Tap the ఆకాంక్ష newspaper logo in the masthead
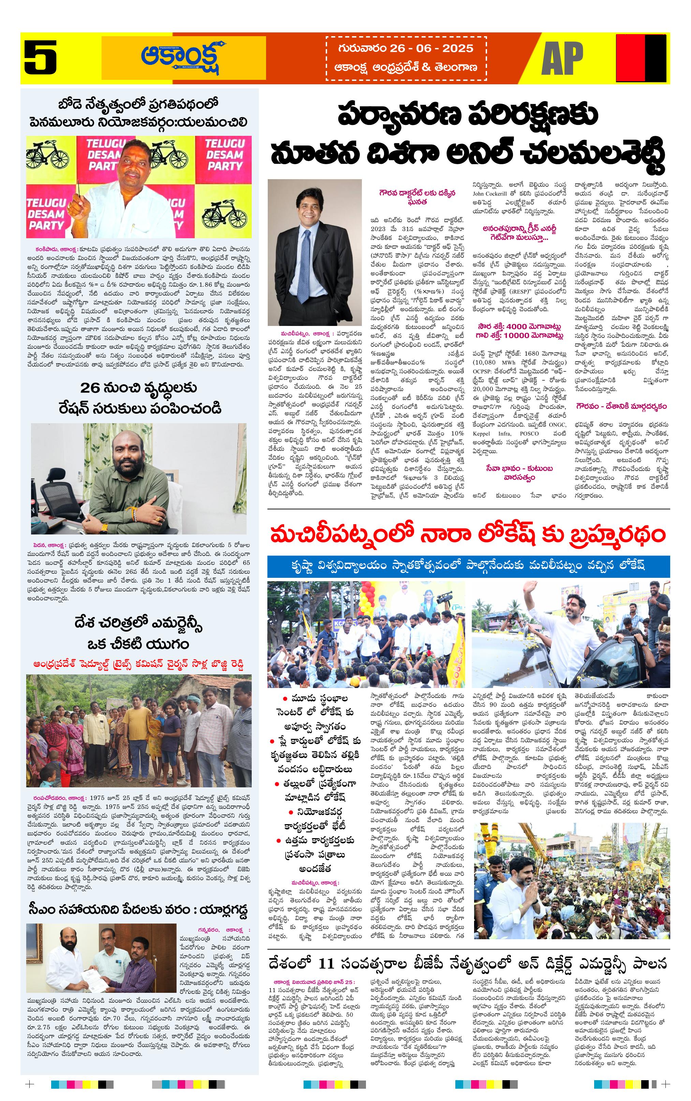180,58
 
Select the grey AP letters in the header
562,58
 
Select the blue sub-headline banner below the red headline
468,566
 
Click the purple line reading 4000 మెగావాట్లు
520,327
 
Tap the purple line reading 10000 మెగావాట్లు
520,335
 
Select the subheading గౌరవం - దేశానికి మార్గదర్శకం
621,406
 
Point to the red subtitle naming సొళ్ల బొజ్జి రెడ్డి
138,664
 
